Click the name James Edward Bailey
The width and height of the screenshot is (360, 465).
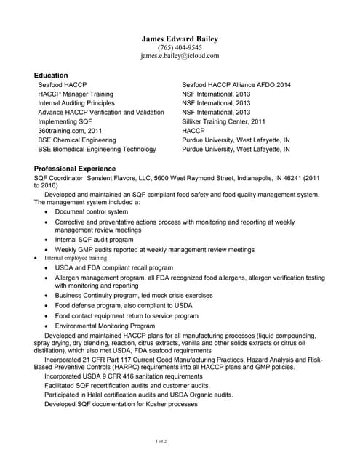click(x=180, y=39)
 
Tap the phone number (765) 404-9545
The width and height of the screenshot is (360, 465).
click(x=180, y=47)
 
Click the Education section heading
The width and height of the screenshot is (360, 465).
click(x=51, y=75)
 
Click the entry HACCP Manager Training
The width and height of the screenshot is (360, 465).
click(x=75, y=94)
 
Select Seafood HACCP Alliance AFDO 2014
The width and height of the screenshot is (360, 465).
click(x=236, y=85)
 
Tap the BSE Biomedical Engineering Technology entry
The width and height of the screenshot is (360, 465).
click(x=97, y=149)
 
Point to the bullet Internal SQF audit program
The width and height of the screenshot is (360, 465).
click(x=94, y=239)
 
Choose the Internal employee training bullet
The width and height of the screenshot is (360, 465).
click(x=76, y=258)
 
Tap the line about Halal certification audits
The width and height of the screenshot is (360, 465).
click(x=138, y=395)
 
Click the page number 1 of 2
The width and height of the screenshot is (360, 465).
click(x=161, y=442)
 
